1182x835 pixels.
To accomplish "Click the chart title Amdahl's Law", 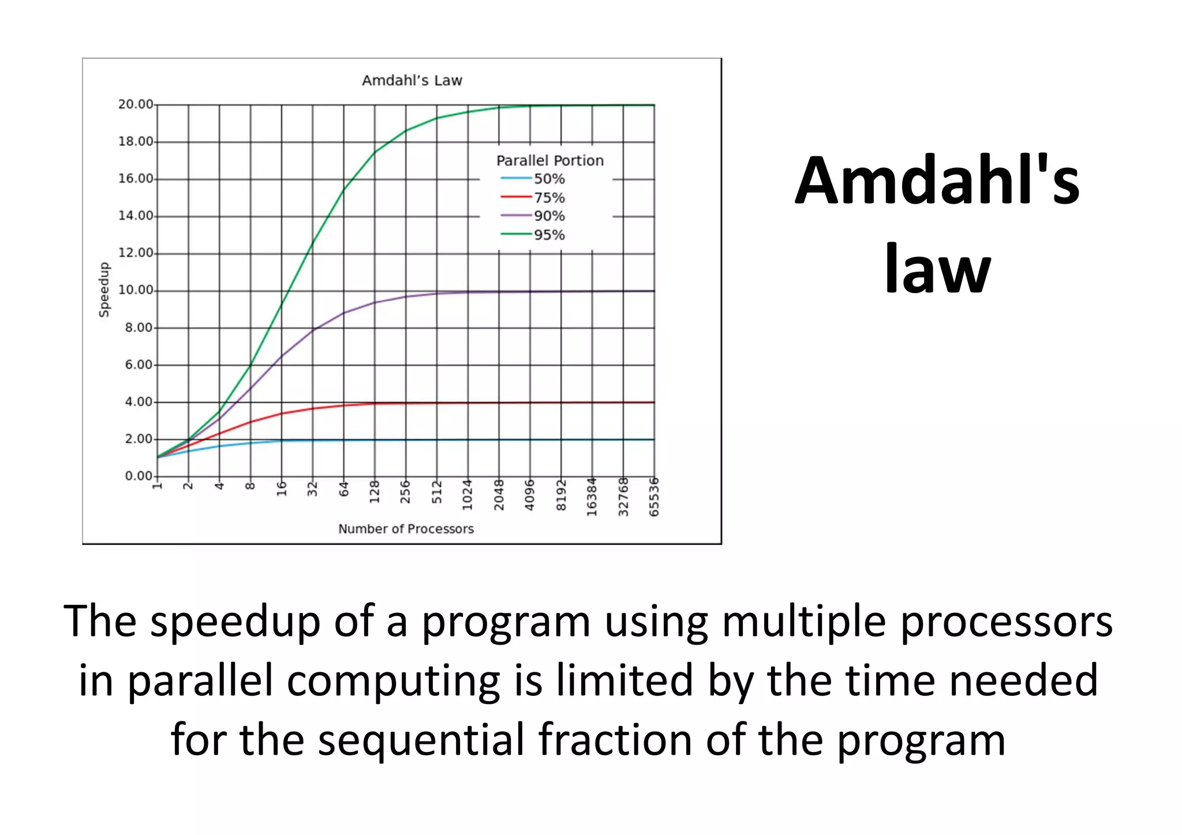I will coord(412,80).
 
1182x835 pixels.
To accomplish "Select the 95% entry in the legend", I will coord(548,235).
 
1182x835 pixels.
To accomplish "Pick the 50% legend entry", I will coord(548,179).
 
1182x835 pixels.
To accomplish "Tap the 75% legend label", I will coord(548,198).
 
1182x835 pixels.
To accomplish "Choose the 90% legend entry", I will coord(548,216).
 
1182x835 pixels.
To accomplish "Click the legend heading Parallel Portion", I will coord(549,160).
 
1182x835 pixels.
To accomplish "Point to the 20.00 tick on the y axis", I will coord(136,104).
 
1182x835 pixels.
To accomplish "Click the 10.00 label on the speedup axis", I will coord(136,290).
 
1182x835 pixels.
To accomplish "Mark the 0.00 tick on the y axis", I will coord(139,476).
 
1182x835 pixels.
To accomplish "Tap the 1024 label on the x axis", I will coord(467,495).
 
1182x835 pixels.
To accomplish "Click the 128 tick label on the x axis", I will coord(375,492).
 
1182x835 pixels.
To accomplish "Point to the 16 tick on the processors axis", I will coord(282,489).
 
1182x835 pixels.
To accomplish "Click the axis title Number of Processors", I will coord(406,529).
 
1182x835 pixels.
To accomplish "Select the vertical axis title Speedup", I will coord(104,290).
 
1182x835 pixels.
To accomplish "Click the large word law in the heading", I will coord(937,268).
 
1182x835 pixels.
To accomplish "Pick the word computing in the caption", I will coord(393,681).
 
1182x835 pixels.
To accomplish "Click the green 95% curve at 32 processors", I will coord(313,243).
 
